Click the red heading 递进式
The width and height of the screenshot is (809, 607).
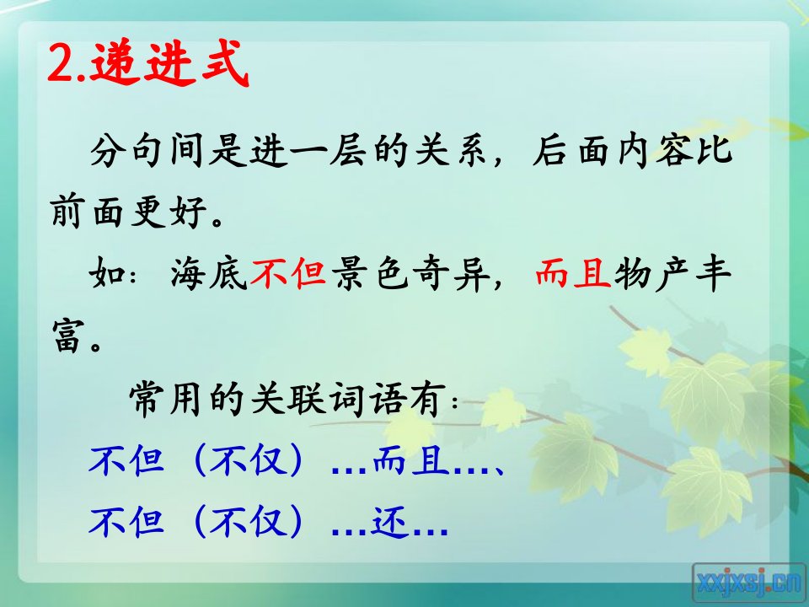tap(169, 63)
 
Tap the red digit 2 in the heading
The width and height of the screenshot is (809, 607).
tap(62, 64)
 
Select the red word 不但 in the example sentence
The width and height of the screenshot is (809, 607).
tap(288, 273)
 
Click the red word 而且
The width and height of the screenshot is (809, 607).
tap(573, 273)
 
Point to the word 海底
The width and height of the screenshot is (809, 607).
tap(208, 273)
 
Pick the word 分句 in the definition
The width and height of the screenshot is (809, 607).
tap(128, 150)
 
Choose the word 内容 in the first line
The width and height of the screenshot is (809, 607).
tap(653, 150)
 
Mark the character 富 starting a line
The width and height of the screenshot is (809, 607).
tap(68, 335)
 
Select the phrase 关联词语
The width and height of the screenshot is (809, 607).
tap(327, 399)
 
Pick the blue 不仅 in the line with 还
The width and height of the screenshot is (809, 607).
tap(248, 521)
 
